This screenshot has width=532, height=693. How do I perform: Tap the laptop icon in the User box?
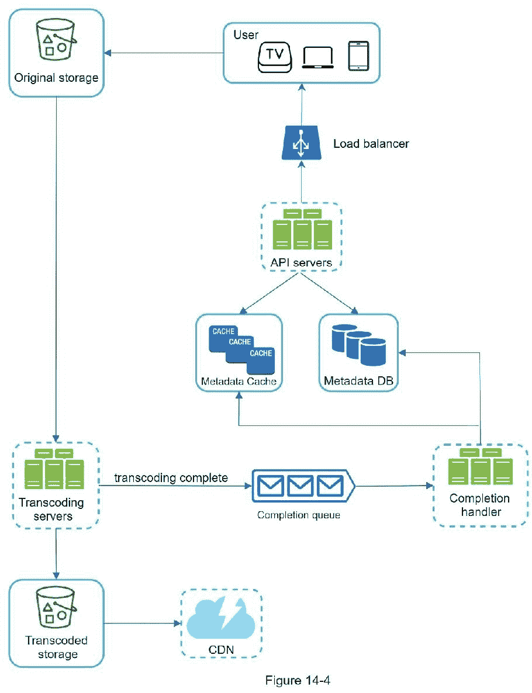(318, 58)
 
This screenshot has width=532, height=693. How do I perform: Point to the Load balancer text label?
(371, 144)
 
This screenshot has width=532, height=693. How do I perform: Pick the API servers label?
(301, 262)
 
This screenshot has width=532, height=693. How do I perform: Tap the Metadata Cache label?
(239, 382)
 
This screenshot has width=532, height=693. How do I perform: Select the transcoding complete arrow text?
(171, 477)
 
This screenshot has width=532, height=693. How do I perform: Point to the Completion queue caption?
(298, 515)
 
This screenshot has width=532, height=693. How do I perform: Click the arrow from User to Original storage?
(163, 54)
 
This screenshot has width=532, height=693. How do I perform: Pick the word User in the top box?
(246, 35)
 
